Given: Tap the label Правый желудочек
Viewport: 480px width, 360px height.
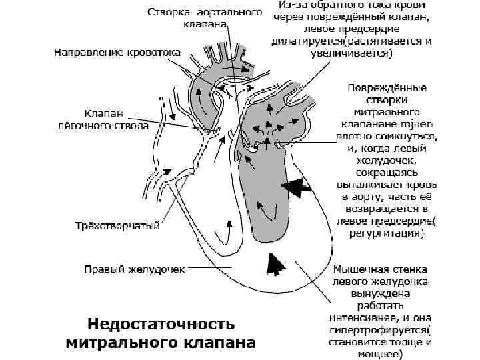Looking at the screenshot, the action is (133, 269).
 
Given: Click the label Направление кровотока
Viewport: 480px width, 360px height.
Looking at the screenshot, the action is (118, 51).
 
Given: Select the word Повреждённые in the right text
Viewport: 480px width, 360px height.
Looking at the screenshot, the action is (387, 87).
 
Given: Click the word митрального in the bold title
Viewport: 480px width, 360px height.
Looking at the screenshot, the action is (122, 344).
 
